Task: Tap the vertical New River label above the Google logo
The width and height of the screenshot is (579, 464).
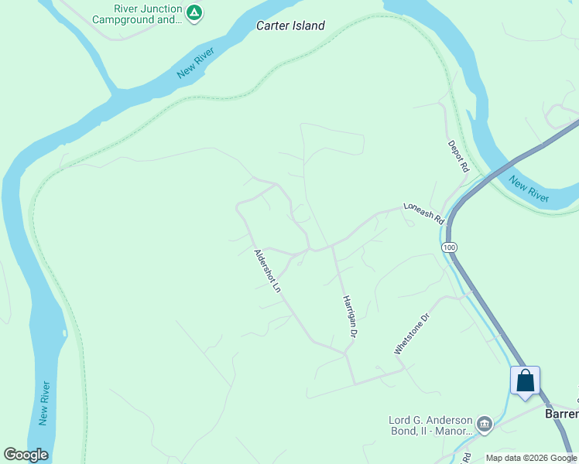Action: [45, 403]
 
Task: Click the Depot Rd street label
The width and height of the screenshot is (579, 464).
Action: [458, 155]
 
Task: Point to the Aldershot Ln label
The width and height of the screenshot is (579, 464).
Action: [267, 271]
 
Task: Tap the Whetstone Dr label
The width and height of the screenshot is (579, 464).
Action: [410, 333]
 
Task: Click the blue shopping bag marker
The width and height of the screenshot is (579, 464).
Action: [525, 380]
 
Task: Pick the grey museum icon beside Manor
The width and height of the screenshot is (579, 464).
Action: [484, 422]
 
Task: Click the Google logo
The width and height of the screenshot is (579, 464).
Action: [26, 455]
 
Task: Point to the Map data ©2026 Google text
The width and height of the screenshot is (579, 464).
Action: [531, 458]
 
